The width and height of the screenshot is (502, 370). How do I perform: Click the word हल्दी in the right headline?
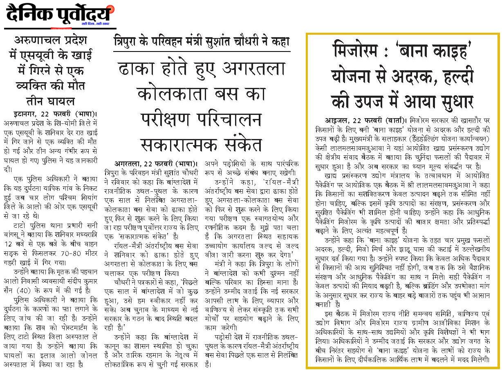pos(456,76)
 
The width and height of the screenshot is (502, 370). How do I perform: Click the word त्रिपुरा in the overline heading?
pos(128,41)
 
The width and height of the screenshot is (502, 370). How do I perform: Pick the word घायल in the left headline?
pos(59,101)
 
